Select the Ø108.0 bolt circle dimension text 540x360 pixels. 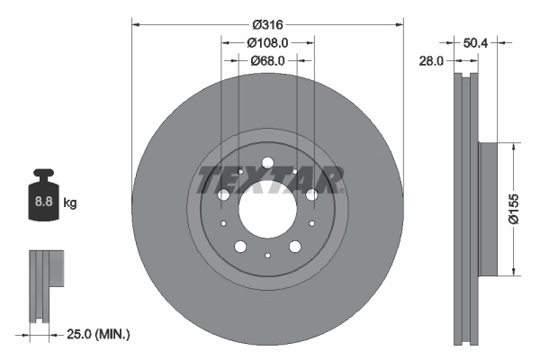pos(267,41)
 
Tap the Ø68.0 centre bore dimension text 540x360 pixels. pos(267,60)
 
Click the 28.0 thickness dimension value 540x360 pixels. pos(433,61)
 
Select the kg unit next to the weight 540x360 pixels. pos(69,203)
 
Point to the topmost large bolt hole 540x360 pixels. pos(267,163)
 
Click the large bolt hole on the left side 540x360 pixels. pos(224,194)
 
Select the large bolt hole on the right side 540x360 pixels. pos(311,194)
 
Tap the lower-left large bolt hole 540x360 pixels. pos(240,247)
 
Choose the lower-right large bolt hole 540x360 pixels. pos(295,247)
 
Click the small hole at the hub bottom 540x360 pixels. pos(267,256)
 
